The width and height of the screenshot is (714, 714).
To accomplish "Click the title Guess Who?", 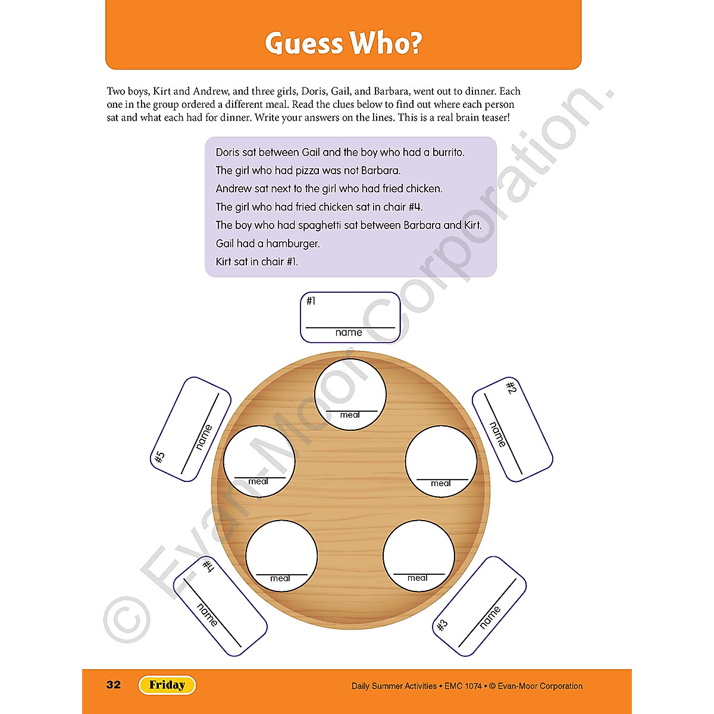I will coord(343,43).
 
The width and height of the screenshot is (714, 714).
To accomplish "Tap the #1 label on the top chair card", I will coord(311,301).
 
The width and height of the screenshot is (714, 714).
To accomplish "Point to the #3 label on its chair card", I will coord(442,625).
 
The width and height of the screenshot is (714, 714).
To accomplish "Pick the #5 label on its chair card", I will coord(159,458).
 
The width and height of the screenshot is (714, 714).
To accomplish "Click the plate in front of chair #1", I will coord(350,394).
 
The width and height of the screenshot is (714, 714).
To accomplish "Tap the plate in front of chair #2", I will coord(441,461).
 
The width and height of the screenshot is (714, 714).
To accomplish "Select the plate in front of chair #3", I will coord(418,556).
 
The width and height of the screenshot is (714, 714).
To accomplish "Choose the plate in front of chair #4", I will coord(281,556).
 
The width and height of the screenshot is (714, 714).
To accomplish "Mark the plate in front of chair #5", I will coord(259,461).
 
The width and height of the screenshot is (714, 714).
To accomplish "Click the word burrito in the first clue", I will coord(447,152).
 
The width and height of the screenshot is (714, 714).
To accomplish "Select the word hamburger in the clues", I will coord(293,243).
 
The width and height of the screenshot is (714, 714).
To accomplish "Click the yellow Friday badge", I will coord(167,685).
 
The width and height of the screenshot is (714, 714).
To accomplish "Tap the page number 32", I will coord(114,685).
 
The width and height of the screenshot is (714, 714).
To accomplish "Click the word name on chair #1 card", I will coord(349,333).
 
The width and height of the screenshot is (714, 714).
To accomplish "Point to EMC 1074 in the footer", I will coord(463,686).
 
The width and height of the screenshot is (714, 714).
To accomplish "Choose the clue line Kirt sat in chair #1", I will coord(256,262).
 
